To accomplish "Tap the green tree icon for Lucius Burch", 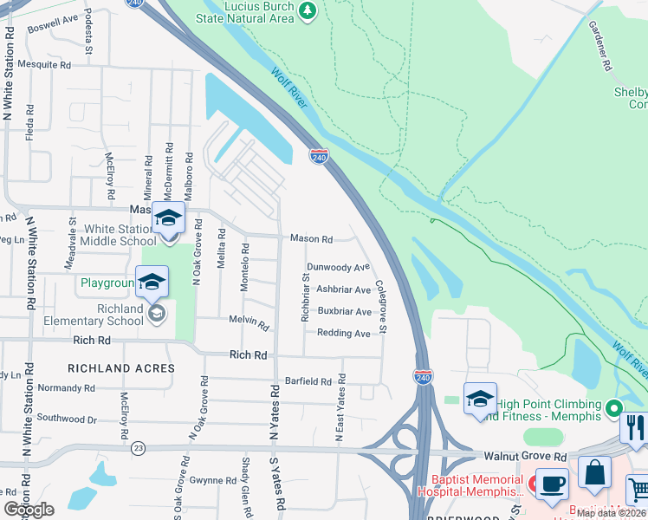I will click(x=306, y=10).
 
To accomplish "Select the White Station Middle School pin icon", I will click(x=168, y=219).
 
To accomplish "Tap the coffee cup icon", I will click(x=551, y=484).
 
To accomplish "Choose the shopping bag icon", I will click(x=594, y=472).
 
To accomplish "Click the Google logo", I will click(x=29, y=509).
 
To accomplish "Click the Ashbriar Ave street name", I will click(x=343, y=289).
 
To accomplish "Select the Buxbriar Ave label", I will click(x=344, y=311).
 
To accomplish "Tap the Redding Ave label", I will click(x=343, y=333).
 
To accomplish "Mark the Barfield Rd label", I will click(x=308, y=381).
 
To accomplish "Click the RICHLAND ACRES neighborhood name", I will click(x=121, y=368).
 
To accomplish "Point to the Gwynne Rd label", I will click(x=213, y=480).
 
